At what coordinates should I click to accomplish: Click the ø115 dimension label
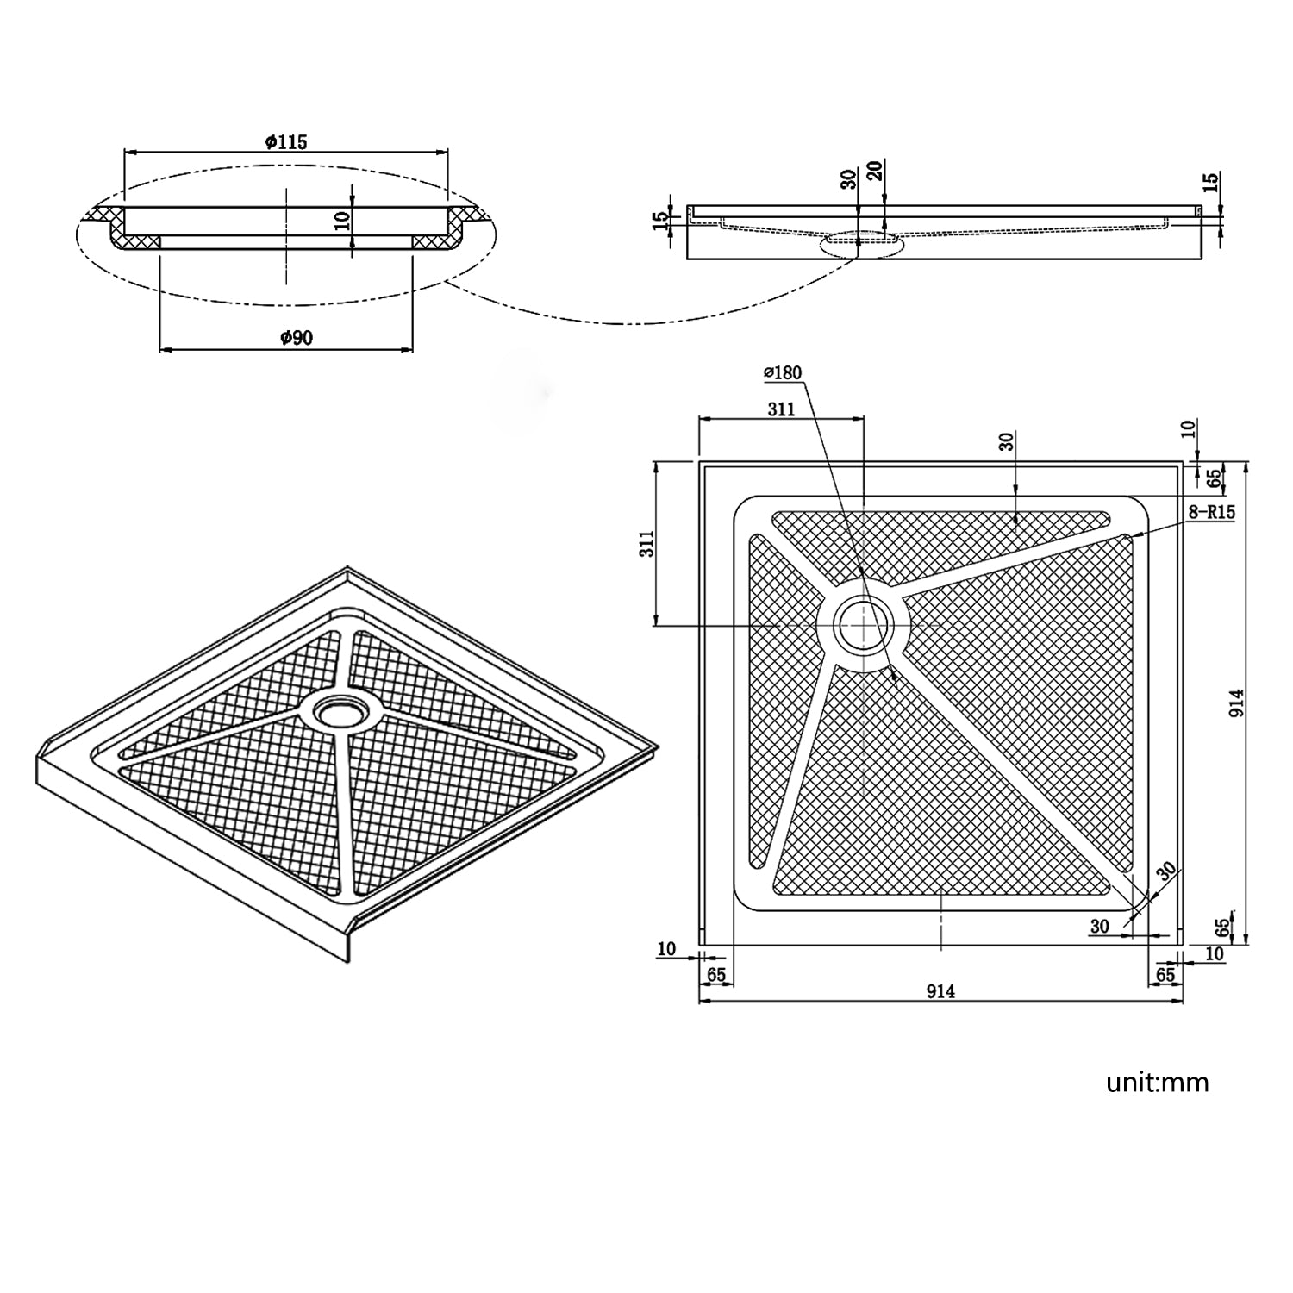(286, 142)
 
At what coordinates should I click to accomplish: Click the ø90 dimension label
(296, 338)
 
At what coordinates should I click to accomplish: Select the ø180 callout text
(783, 372)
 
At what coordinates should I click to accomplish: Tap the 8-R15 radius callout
(1211, 512)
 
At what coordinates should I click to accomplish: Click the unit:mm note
(1157, 1083)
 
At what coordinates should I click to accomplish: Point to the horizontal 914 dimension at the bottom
(940, 991)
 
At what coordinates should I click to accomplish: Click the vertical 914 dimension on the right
(1237, 703)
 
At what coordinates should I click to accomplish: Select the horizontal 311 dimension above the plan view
(781, 409)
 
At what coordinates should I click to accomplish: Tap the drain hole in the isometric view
(340, 712)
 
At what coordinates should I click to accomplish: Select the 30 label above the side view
(849, 179)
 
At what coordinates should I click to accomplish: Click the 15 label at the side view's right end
(1210, 182)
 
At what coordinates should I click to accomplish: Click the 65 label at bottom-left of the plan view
(716, 975)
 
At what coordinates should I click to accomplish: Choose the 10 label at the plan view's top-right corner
(1189, 428)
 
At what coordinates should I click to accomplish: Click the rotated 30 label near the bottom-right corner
(1166, 871)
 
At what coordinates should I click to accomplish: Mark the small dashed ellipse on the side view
(859, 243)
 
